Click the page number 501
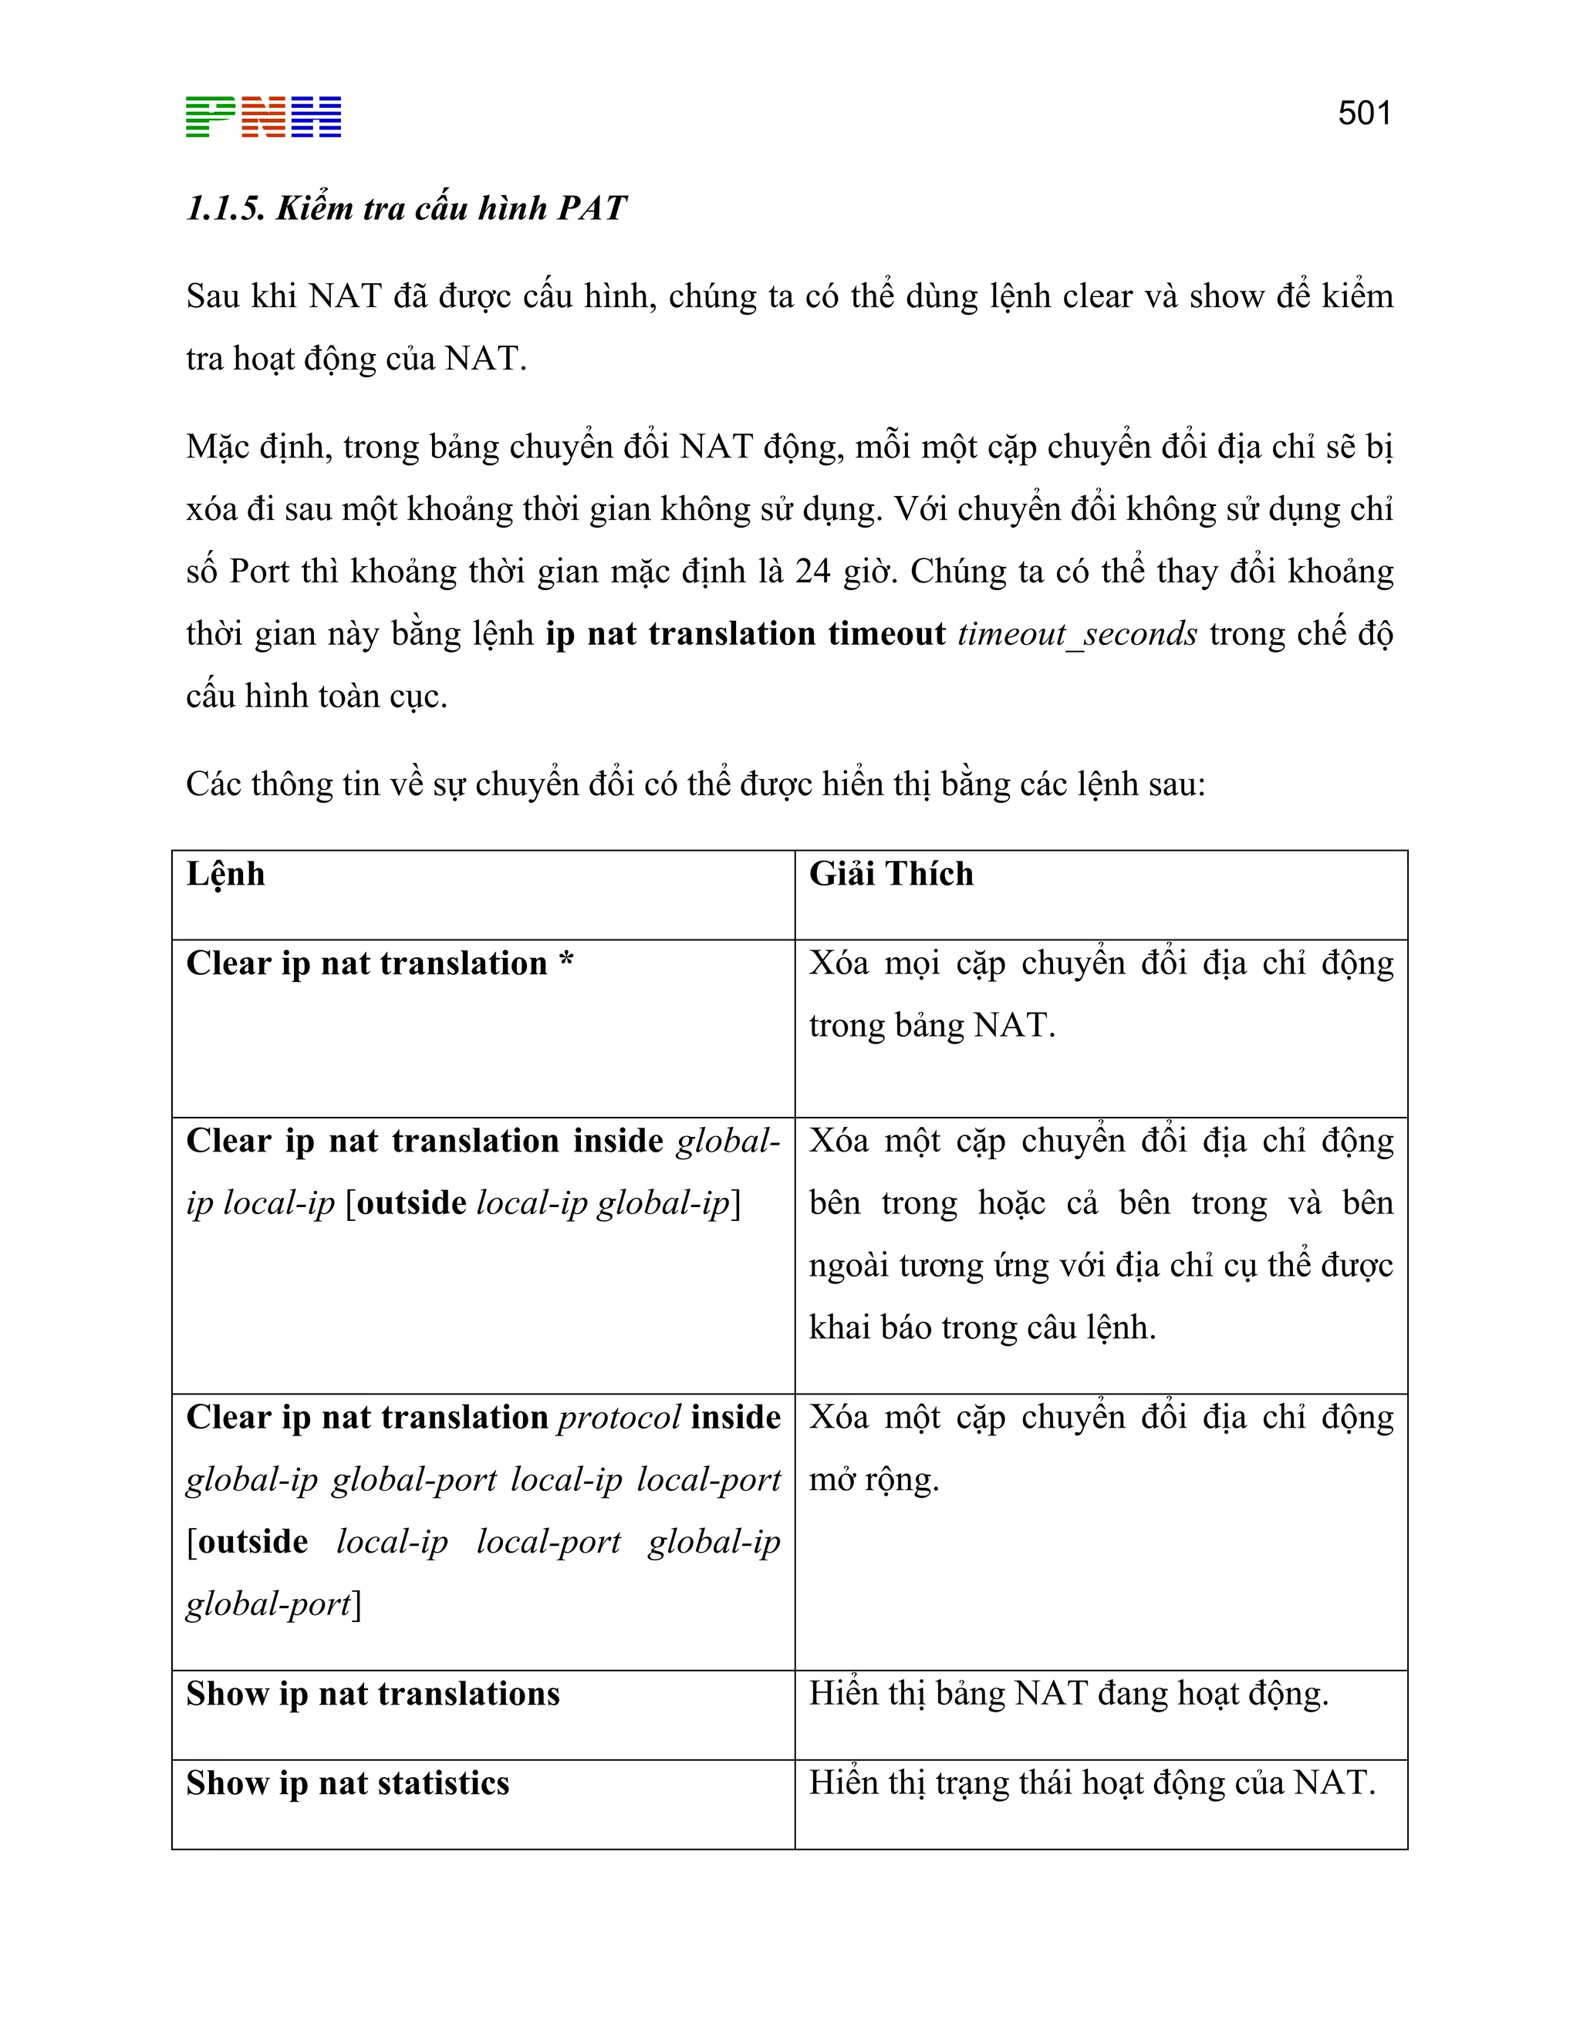[x=1364, y=113]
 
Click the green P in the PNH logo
[x=211, y=117]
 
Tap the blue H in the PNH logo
[x=316, y=117]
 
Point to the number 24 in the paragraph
[x=812, y=571]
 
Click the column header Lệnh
[x=225, y=874]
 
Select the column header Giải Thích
[x=890, y=873]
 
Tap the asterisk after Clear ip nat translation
[x=566, y=961]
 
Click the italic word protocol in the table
[x=619, y=1417]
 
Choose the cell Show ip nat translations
[x=373, y=1694]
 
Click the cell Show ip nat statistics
[x=347, y=1783]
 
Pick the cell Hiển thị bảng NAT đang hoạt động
[x=1068, y=1694]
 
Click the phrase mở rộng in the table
[x=873, y=1479]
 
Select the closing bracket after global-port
[x=356, y=1605]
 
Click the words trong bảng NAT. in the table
[x=931, y=1025]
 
